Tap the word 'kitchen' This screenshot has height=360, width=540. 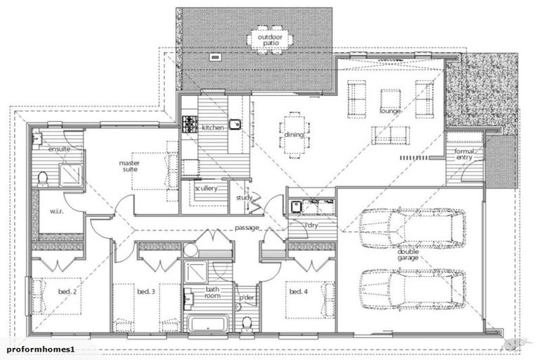click(x=212, y=128)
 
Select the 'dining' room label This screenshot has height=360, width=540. click(x=294, y=135)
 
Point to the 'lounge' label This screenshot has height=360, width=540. click(x=390, y=112)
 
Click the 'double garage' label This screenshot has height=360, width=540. click(x=408, y=255)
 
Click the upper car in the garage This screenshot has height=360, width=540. click(x=411, y=229)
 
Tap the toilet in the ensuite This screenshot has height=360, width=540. click(x=43, y=177)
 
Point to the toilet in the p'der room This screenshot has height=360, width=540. click(x=246, y=323)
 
